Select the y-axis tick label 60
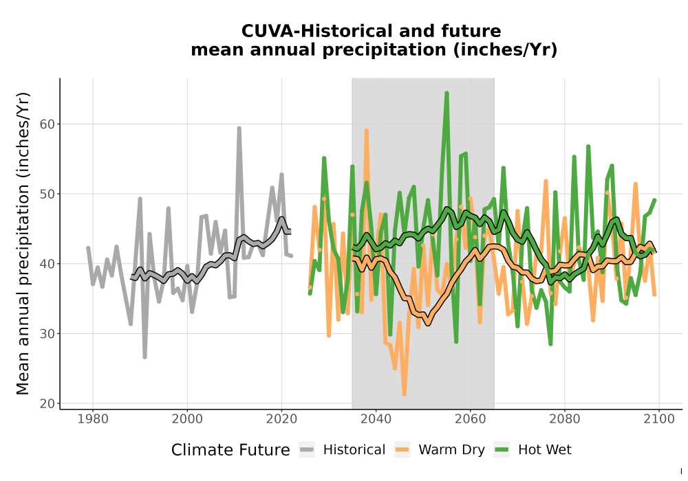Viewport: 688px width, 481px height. pyautogui.click(x=47, y=124)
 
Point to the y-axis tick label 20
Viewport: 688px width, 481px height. pyautogui.click(x=47, y=404)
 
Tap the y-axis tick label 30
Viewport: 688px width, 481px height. pyautogui.click(x=47, y=334)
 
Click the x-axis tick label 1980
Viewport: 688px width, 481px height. pyautogui.click(x=93, y=419)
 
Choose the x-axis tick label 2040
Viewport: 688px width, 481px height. pyautogui.click(x=376, y=419)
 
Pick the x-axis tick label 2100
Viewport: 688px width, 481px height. pyautogui.click(x=658, y=419)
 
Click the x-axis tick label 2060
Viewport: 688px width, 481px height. pyautogui.click(x=470, y=419)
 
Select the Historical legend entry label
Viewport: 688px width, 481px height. pyautogui.click(x=354, y=450)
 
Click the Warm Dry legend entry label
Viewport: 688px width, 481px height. pyautogui.click(x=451, y=450)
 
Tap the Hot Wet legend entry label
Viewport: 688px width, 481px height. pyautogui.click(x=544, y=450)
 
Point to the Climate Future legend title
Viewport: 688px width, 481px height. pyautogui.click(x=230, y=450)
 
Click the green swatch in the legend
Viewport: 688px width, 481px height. pyautogui.click(x=502, y=450)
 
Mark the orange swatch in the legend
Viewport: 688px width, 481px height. pyautogui.click(x=402, y=450)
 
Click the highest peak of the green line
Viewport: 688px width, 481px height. pyautogui.click(x=447, y=93)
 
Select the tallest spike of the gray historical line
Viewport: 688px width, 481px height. pyautogui.click(x=239, y=128)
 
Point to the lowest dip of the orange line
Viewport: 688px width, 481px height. pyautogui.click(x=404, y=394)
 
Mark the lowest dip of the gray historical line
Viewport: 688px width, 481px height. pyautogui.click(x=144, y=357)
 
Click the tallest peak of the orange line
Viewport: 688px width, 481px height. pyautogui.click(x=367, y=131)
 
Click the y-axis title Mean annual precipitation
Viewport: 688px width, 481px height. pyautogui.click(x=23, y=243)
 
